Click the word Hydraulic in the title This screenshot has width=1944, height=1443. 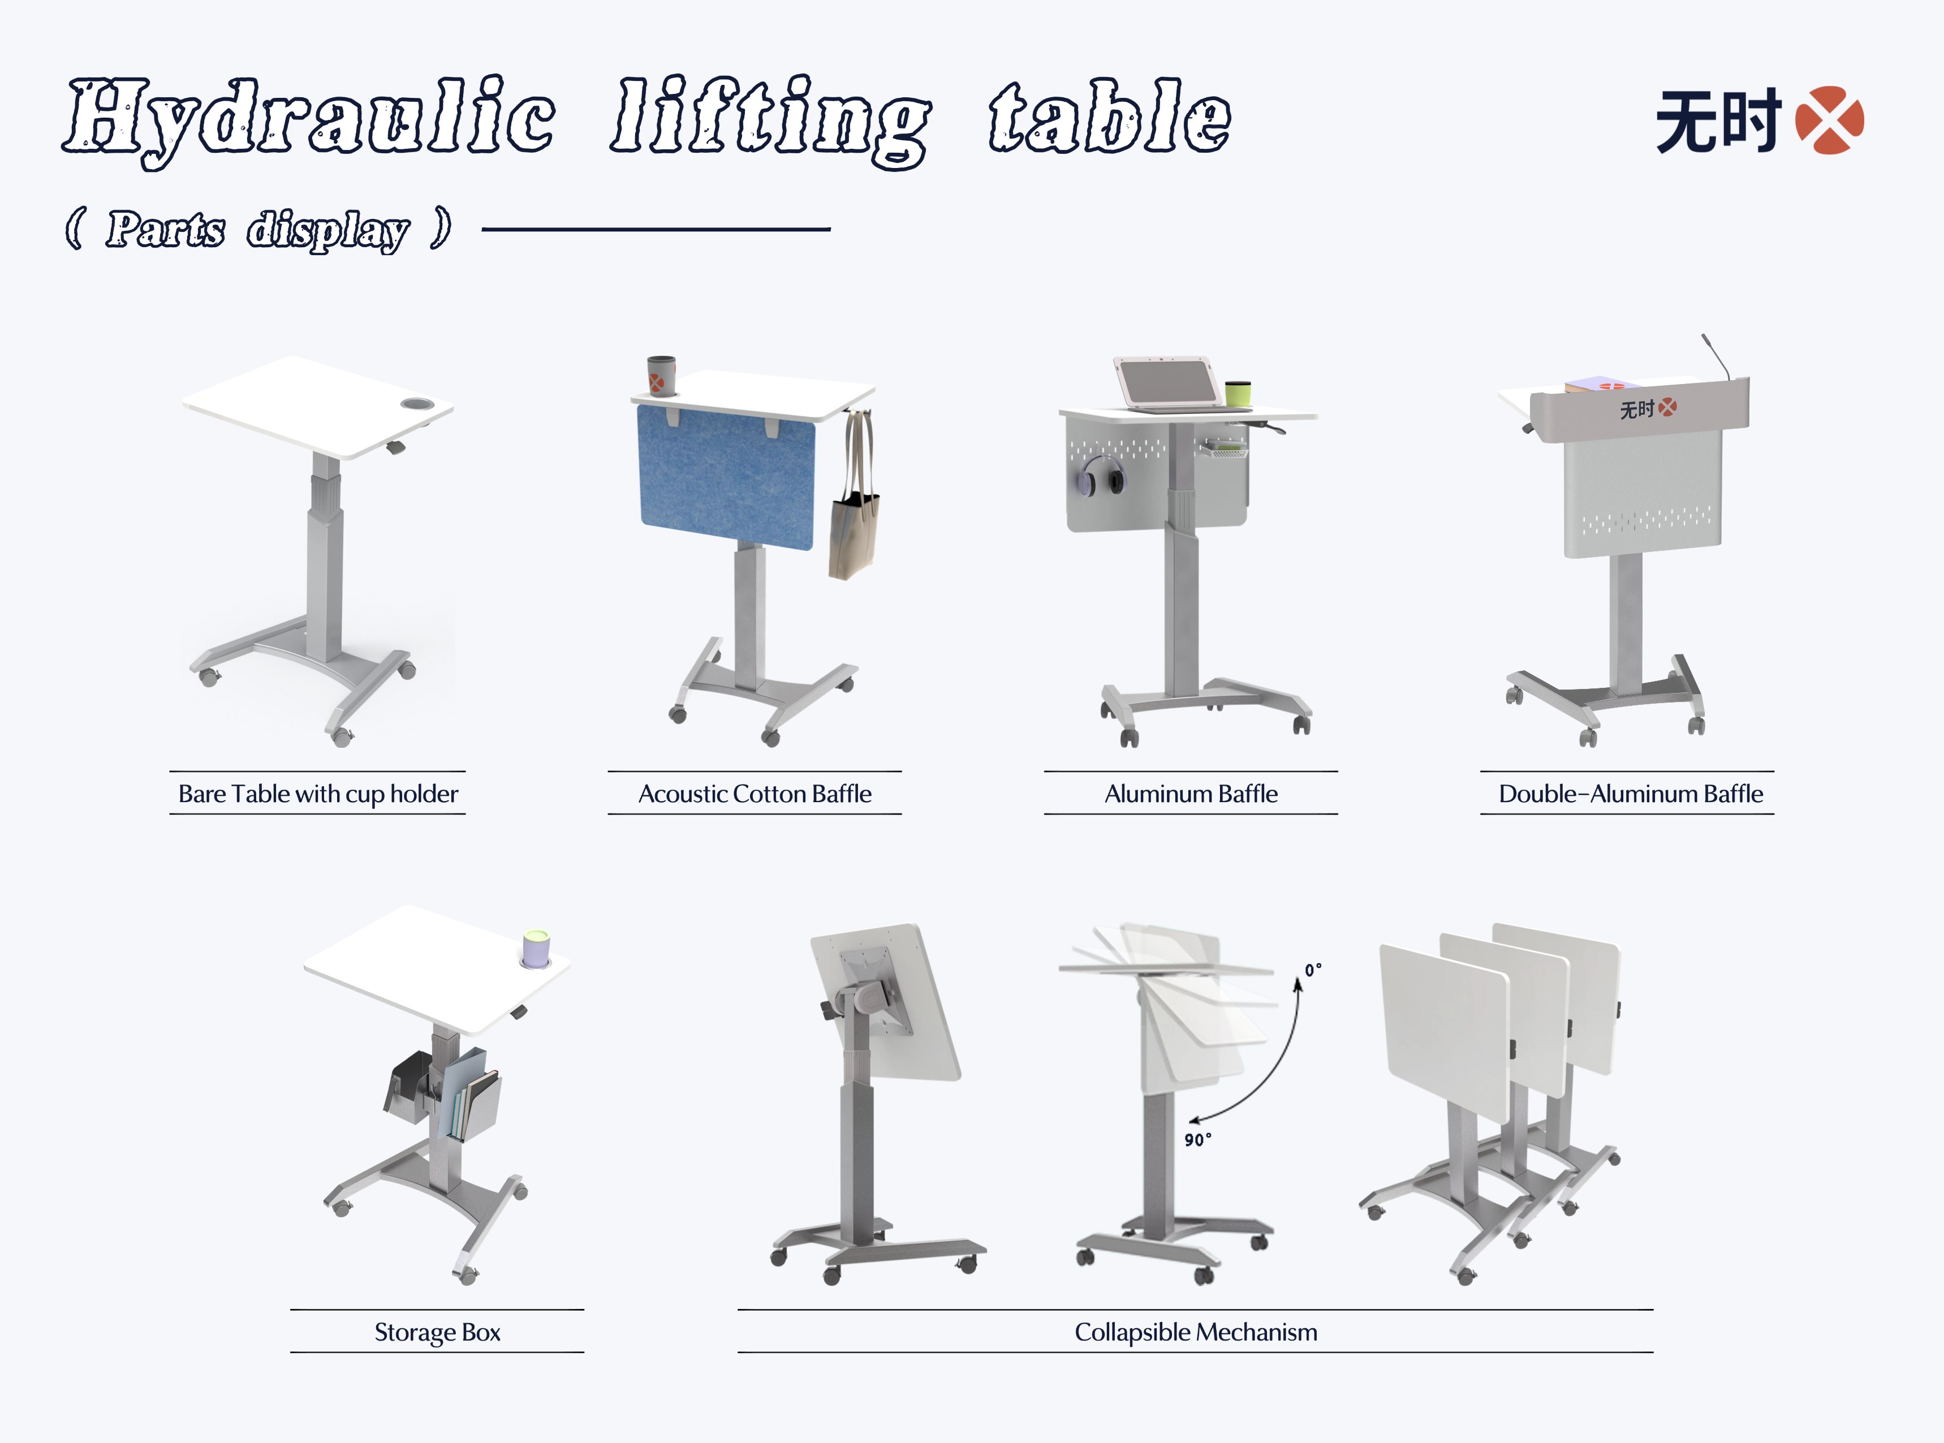[x=309, y=120]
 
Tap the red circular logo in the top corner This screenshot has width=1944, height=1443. [x=1830, y=120]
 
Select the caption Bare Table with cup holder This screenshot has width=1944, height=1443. [x=318, y=794]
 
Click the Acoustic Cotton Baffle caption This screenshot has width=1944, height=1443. [x=755, y=794]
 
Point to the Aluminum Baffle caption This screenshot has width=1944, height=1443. [x=1191, y=794]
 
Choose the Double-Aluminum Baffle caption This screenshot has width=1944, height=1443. [x=1631, y=794]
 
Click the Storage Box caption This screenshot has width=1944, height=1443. [x=438, y=1333]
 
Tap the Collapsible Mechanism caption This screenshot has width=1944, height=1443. [x=1196, y=1333]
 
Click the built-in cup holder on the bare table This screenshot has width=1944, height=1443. [x=416, y=404]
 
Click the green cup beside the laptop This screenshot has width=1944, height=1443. [x=1238, y=394]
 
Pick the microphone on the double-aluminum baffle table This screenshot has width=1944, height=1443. [x=1716, y=356]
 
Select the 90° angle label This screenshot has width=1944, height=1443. [x=1197, y=1140]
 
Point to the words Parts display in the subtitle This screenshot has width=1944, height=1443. [x=257, y=230]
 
